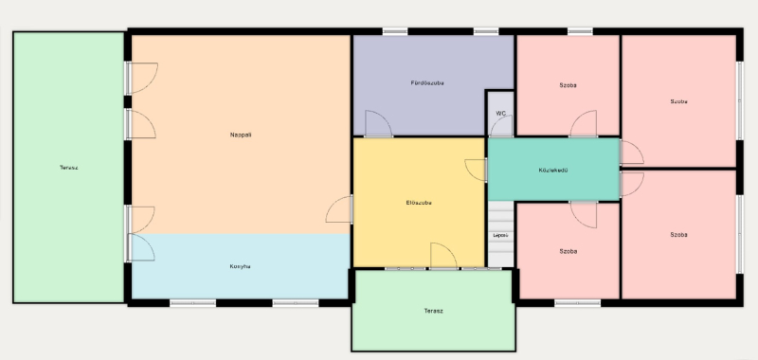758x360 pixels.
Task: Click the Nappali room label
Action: point(241,135)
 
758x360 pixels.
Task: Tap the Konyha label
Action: point(240,266)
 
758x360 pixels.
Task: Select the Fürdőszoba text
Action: point(427,83)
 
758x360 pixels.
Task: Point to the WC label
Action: point(501,114)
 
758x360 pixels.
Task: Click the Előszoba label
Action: point(419,203)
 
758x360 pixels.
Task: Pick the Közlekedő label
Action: point(553,171)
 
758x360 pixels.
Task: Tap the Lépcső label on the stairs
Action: point(500,235)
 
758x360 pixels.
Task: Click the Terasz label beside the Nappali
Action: point(68,168)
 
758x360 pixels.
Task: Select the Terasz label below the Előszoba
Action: point(433,311)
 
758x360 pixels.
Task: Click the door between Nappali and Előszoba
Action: point(339,209)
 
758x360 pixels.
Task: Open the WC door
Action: point(501,126)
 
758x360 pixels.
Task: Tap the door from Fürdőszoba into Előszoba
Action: point(378,124)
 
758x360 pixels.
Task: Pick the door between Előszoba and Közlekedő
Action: point(476,171)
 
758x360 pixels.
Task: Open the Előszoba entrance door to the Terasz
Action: point(443,256)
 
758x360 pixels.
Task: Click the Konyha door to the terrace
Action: point(140,247)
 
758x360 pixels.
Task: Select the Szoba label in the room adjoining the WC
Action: point(568,85)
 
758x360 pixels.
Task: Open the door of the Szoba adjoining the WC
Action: point(584,124)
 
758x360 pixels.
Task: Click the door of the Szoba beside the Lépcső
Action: point(584,214)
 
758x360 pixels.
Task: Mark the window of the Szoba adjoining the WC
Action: point(580,31)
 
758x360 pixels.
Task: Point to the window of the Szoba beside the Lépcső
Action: point(578,303)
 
